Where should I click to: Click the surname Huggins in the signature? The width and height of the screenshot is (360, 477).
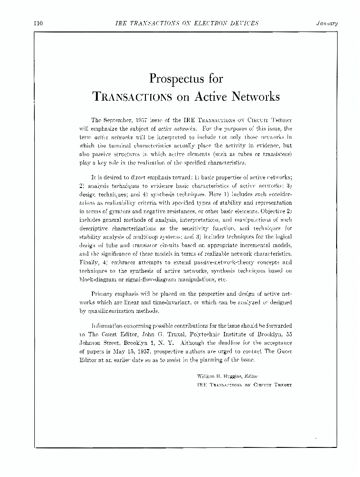click(x=239, y=376)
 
